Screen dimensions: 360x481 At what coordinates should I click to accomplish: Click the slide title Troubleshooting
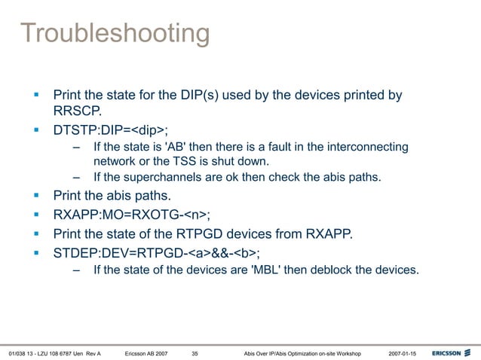point(115,33)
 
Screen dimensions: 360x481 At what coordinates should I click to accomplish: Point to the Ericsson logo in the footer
point(452,352)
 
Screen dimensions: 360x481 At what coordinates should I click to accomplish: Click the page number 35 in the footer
point(195,352)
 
